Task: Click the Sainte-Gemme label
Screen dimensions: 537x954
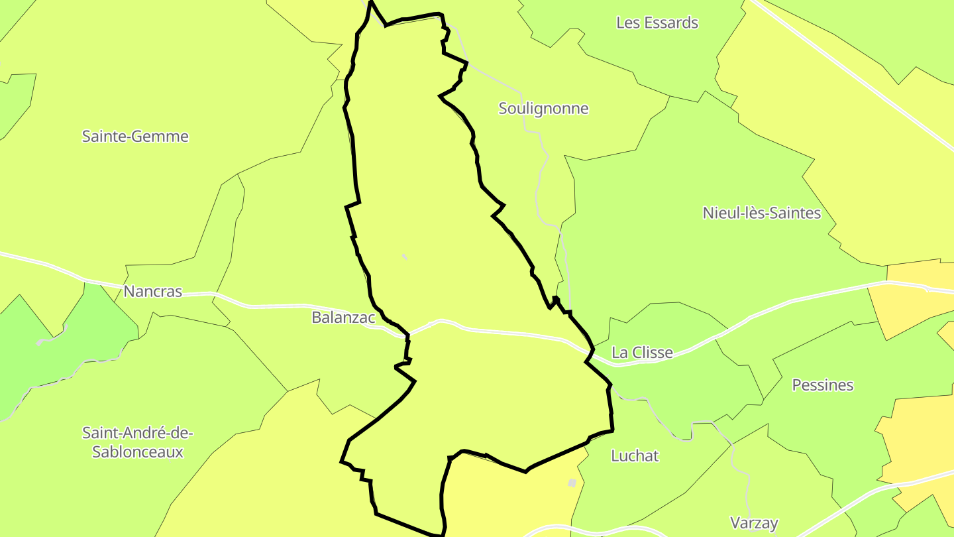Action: (135, 137)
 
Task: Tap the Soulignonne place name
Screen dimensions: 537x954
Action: (543, 109)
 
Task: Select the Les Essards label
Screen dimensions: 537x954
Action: (657, 23)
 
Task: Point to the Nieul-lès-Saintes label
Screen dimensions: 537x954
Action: (761, 213)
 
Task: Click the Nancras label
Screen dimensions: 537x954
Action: (152, 292)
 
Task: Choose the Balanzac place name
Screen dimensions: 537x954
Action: (343, 318)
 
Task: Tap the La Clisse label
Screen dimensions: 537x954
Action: (642, 353)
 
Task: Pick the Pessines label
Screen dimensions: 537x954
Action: (823, 385)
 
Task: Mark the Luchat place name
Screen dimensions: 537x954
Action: (635, 456)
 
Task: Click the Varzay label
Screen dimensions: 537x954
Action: (754, 522)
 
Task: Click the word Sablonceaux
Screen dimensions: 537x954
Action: (138, 452)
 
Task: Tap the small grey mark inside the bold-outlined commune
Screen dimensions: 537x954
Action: (404, 257)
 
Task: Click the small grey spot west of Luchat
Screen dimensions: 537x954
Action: (572, 483)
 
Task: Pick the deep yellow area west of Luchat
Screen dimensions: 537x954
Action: (510, 497)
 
